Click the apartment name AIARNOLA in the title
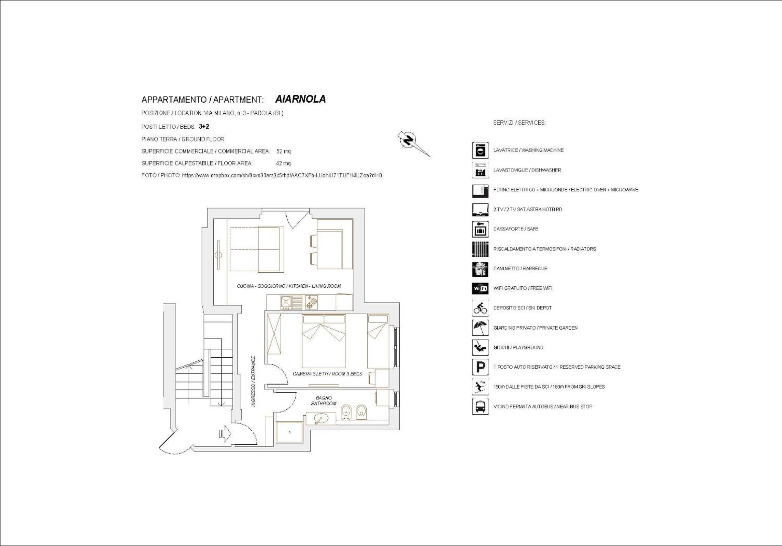click(x=300, y=99)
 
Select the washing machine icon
click(x=480, y=150)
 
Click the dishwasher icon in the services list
click(x=480, y=170)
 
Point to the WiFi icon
click(x=480, y=288)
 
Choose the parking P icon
click(x=480, y=367)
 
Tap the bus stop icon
click(x=480, y=406)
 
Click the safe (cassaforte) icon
click(x=480, y=229)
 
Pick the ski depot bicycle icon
click(x=480, y=308)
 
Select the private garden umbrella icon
click(x=480, y=327)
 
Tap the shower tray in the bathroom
click(x=289, y=432)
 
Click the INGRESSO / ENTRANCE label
click(x=254, y=381)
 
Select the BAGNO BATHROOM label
click(x=324, y=401)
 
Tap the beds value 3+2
click(x=204, y=127)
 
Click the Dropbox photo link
click(x=282, y=175)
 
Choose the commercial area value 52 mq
click(x=283, y=151)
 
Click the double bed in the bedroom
click(x=324, y=341)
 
